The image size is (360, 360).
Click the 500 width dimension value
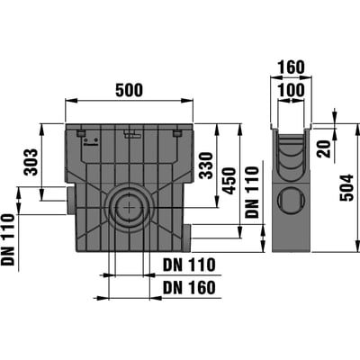click(130, 90)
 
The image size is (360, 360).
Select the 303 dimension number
click(31, 162)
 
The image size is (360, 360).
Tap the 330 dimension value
click(207, 166)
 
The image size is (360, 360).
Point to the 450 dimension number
click(229, 181)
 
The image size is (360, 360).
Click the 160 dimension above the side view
click(291, 67)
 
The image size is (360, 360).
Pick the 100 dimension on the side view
click(291, 90)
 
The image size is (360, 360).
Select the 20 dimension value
click(324, 148)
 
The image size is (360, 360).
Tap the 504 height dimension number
click(347, 188)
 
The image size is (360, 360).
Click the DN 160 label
click(189, 288)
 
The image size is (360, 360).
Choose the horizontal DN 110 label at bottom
click(189, 265)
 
